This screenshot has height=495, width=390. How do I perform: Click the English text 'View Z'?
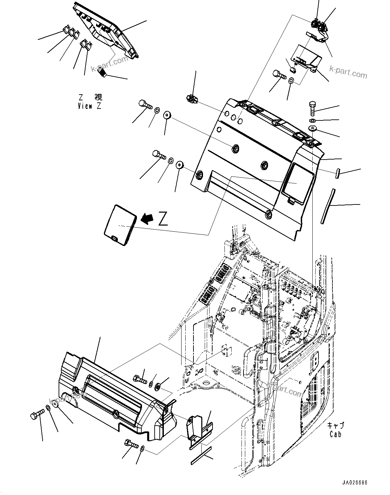point(89,106)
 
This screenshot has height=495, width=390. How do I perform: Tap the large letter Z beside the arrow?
point(163,219)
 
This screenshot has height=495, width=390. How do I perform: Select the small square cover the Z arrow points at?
point(120,225)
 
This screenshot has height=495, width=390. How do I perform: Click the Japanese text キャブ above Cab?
point(336,425)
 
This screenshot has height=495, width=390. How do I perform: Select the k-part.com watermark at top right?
point(348,72)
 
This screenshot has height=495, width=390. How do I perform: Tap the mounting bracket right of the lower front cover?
point(199,431)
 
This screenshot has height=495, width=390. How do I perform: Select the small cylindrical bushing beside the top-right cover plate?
point(292,71)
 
